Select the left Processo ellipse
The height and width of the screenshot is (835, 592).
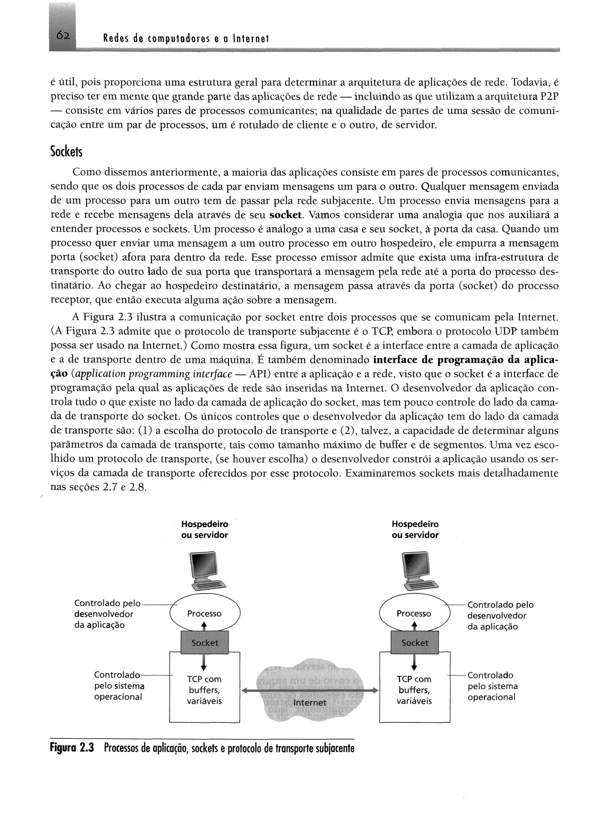click(x=204, y=614)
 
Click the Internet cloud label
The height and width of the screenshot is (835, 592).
click(x=310, y=702)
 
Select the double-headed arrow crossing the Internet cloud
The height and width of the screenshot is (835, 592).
click(x=310, y=690)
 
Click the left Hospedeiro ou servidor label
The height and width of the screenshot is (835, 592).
click(x=204, y=530)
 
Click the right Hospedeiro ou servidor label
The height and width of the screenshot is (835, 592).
click(x=415, y=530)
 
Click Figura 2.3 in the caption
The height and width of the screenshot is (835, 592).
click(x=72, y=749)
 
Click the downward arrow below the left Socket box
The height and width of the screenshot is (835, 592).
click(x=204, y=662)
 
